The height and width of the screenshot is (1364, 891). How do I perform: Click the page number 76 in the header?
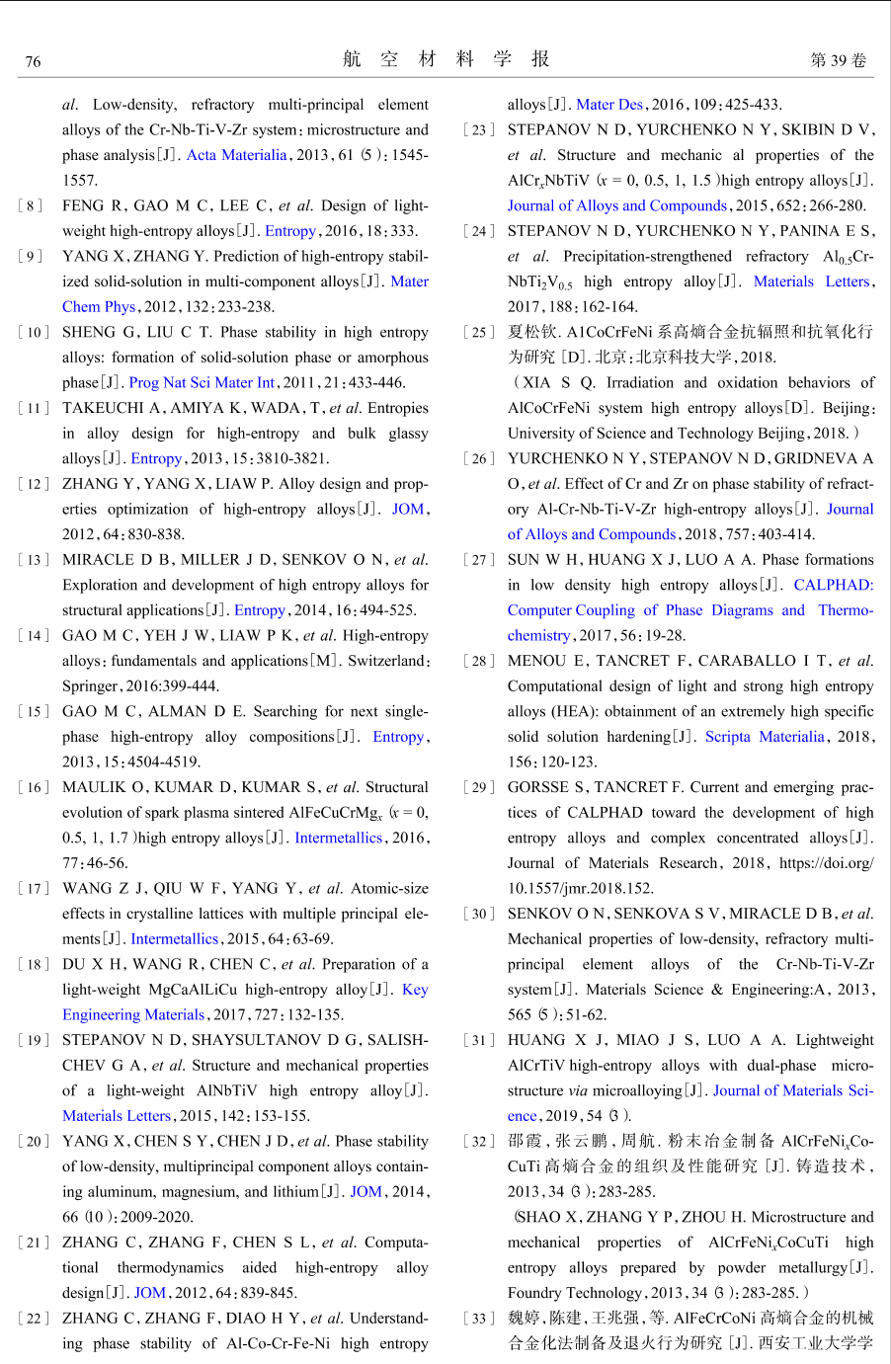tap(33, 61)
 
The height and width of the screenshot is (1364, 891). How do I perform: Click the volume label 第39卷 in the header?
tap(838, 60)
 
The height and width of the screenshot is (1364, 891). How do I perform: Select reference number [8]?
tap(31, 205)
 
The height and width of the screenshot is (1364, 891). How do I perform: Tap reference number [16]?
tap(34, 787)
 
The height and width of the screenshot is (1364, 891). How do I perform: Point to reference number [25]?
tap(479, 332)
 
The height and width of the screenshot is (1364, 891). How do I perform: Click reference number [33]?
tap(479, 1318)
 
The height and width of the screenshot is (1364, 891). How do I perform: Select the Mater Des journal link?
tap(609, 104)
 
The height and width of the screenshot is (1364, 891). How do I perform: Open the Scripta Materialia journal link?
tap(765, 736)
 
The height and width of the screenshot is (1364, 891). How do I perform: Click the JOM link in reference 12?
tap(408, 509)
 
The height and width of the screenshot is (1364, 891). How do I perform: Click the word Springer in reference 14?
tap(89, 685)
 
